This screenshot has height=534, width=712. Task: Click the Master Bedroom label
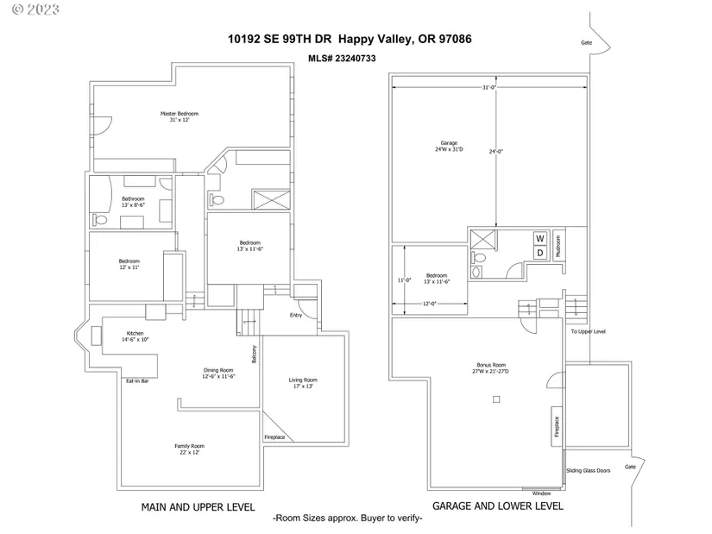(180, 114)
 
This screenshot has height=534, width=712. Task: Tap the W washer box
(540, 238)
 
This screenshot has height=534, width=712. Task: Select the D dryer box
(540, 253)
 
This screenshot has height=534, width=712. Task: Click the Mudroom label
(558, 247)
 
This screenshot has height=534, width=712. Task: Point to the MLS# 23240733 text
(342, 58)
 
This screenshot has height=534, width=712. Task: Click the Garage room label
(449, 142)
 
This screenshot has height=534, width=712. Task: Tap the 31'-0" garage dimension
(489, 87)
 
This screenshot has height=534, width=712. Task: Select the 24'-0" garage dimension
(496, 151)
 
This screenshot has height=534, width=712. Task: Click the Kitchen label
(135, 333)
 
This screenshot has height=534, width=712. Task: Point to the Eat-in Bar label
(137, 381)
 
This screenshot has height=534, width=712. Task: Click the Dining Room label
(218, 370)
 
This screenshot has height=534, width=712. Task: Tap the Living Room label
(303, 380)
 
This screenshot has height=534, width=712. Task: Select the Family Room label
(189, 446)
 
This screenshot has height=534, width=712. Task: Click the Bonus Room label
(491, 365)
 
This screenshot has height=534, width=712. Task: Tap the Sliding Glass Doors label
(588, 470)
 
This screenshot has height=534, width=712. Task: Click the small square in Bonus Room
(496, 399)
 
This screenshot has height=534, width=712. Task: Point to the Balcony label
(255, 355)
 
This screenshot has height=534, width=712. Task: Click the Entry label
(296, 315)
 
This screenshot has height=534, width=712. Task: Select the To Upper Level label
(588, 331)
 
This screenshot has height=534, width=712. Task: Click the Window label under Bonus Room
(541, 493)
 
